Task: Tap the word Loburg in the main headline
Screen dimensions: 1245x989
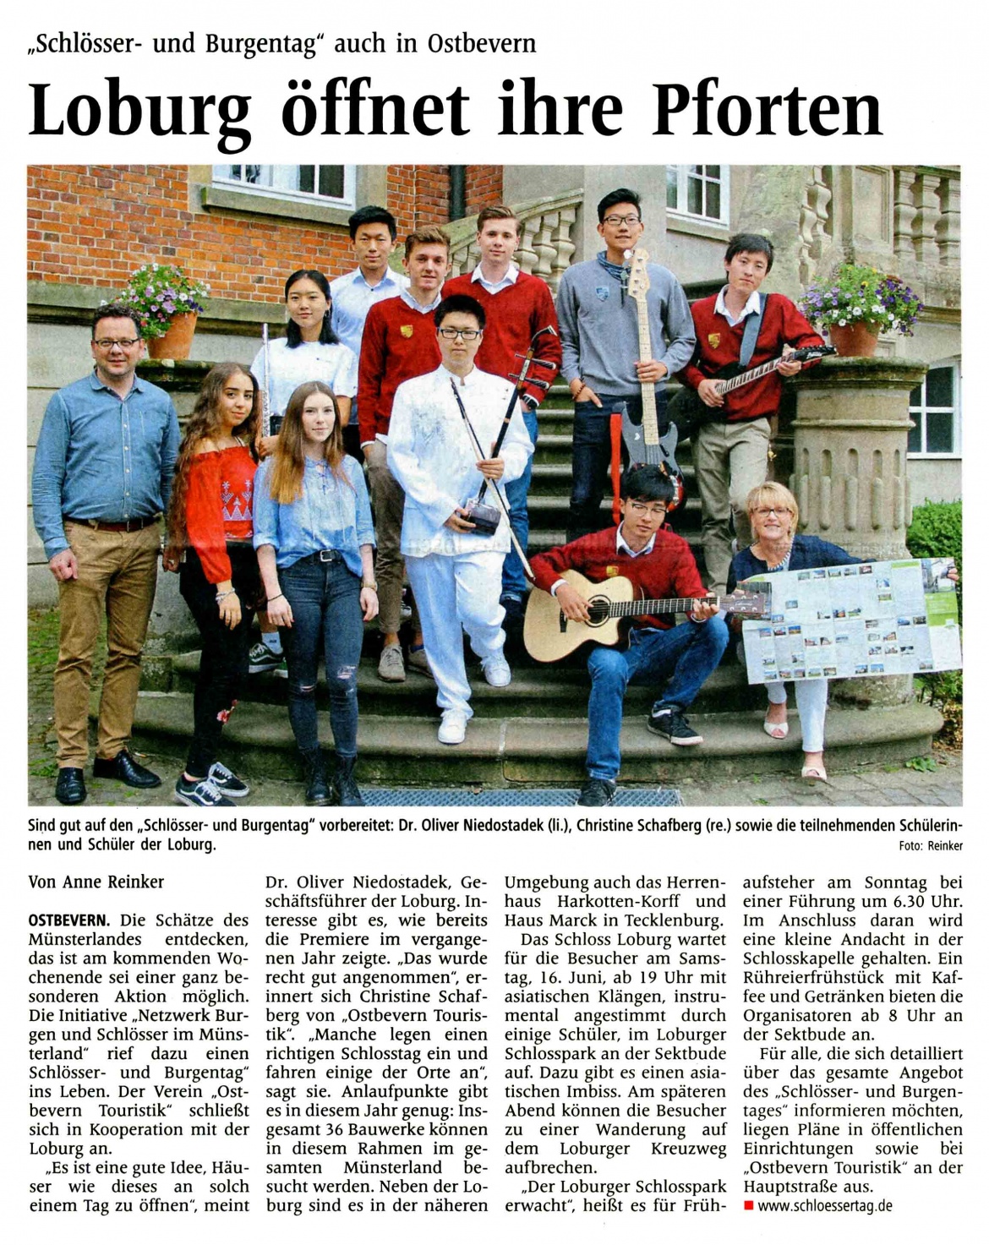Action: coord(140,110)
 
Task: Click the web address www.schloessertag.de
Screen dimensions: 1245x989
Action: coord(824,1206)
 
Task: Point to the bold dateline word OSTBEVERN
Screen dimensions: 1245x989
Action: coord(68,920)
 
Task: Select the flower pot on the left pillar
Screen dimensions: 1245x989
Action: coord(172,336)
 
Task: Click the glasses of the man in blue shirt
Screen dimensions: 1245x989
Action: coord(117,342)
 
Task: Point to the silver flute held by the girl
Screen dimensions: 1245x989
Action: coord(265,380)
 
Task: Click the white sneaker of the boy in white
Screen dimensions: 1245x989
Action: coord(453,728)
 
